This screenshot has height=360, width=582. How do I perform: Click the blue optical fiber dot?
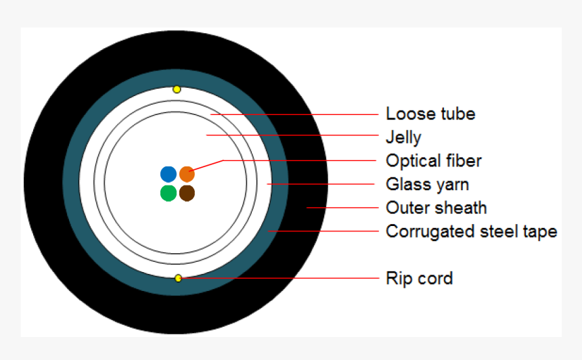(169, 174)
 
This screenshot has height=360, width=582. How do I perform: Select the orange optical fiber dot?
(187, 174)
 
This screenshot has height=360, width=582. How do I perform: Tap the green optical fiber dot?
(169, 194)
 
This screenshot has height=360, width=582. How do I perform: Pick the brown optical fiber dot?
(187, 194)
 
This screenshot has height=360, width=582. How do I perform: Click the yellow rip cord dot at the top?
(177, 89)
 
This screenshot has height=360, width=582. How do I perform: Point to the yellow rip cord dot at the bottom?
(178, 278)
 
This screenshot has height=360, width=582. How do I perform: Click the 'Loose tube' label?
(430, 113)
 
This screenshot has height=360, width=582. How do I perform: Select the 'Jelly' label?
(403, 137)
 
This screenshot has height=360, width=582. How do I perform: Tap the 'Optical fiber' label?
(434, 160)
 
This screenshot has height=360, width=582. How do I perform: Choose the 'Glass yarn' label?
(427, 184)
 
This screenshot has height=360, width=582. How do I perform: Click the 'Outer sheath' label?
(436, 207)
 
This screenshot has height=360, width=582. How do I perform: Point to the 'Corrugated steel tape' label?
(471, 231)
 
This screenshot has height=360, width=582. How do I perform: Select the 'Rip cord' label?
(419, 277)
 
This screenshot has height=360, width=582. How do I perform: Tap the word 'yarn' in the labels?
(451, 184)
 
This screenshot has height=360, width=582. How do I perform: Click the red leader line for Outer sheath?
(342, 207)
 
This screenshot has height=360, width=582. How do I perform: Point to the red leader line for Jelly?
(291, 136)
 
